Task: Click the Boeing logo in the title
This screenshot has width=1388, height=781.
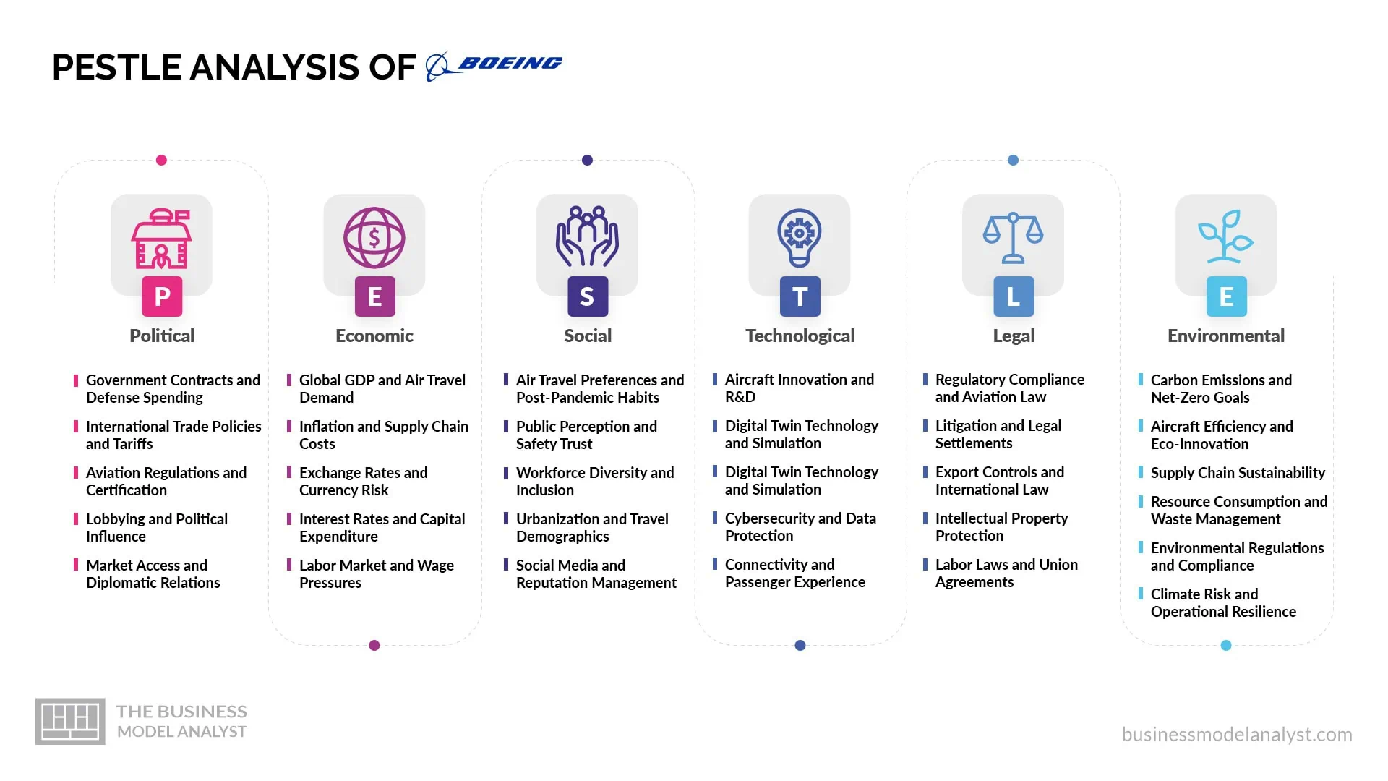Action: click(x=494, y=66)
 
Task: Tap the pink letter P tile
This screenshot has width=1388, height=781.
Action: click(x=162, y=296)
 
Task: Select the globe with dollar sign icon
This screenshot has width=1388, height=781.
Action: click(x=374, y=238)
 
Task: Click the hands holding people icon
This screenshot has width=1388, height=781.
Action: click(x=587, y=236)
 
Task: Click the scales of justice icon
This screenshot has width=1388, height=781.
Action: click(x=1013, y=238)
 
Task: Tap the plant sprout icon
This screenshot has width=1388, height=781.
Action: click(x=1226, y=236)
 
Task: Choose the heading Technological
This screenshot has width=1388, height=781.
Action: click(x=800, y=336)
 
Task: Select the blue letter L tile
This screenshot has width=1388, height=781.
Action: click(x=1014, y=296)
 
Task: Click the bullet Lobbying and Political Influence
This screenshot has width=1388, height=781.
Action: click(x=157, y=528)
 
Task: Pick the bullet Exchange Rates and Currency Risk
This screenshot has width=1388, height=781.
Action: click(x=363, y=482)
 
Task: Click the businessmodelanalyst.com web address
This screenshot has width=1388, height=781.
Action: click(x=1237, y=735)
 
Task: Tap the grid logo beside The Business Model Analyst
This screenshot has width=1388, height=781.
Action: click(x=70, y=722)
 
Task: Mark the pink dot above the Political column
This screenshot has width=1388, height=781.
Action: click(x=161, y=161)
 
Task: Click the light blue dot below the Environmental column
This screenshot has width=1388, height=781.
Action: click(x=1226, y=646)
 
